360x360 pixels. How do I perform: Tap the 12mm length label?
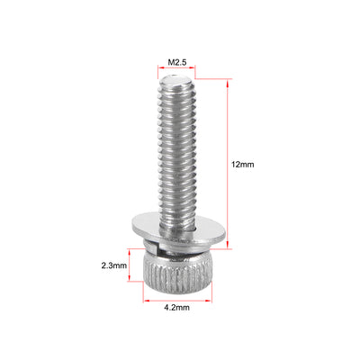(x=242, y=165)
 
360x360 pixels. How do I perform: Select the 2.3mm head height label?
(x=113, y=265)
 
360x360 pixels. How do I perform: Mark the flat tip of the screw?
(x=176, y=81)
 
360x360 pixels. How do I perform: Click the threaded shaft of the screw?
(x=176, y=153)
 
